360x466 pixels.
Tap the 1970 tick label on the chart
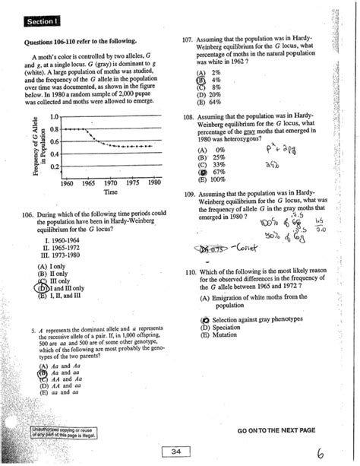coord(111,183)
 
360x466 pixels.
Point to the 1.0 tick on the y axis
coord(52,116)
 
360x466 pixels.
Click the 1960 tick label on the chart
coord(67,183)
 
